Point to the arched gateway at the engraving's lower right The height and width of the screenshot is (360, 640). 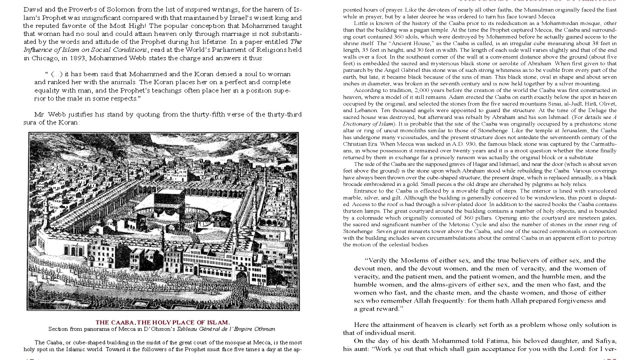[x=242, y=275]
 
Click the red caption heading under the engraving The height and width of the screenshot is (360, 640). [x=162, y=322]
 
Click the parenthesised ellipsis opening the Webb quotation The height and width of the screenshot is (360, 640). [x=56, y=74]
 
